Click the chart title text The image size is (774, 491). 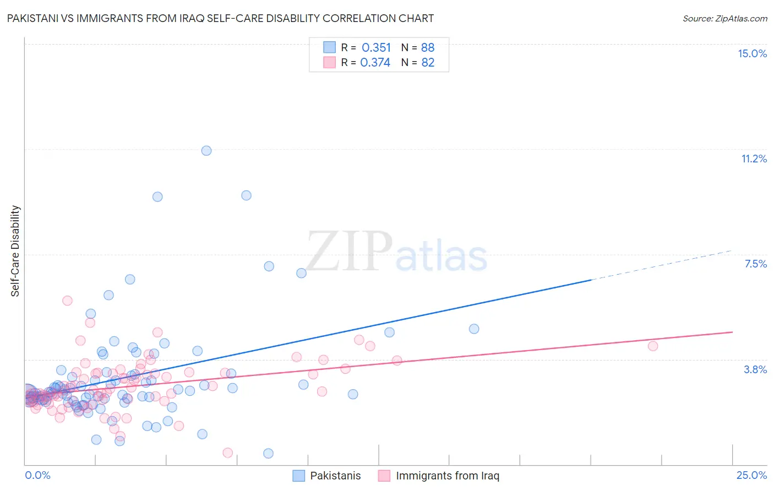(x=220, y=18)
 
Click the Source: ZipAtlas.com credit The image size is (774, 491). (x=724, y=18)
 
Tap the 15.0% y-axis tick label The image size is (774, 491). (x=752, y=53)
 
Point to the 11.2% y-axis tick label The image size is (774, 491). (x=754, y=159)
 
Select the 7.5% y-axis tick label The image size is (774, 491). (x=755, y=264)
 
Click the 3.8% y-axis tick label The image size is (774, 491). (x=755, y=369)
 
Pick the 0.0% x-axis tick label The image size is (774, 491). (x=37, y=475)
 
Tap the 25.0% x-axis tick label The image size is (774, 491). (x=751, y=475)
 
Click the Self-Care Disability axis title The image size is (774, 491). (x=15, y=251)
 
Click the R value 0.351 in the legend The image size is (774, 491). (x=376, y=48)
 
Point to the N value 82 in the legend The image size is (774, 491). (x=428, y=63)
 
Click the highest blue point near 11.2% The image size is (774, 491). (x=206, y=150)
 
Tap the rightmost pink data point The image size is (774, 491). (x=653, y=346)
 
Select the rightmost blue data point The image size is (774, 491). (x=474, y=329)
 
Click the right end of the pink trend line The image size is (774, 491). (x=732, y=332)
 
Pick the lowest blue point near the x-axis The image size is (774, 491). (x=268, y=453)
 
